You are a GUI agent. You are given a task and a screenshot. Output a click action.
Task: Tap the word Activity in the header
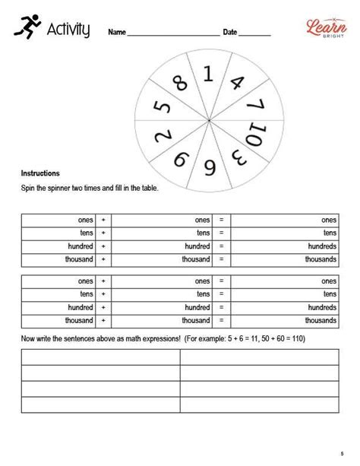pos(68,30)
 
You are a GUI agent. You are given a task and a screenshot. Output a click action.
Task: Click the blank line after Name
pos(172,34)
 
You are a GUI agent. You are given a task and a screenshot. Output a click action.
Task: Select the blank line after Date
pos(255,34)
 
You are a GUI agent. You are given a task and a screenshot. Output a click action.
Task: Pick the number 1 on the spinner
pos(208,74)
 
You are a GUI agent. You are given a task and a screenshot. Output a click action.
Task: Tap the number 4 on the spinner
pos(235,82)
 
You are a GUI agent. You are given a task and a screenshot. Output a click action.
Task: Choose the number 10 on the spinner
pos(257,135)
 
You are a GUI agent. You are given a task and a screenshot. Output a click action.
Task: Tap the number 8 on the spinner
pos(180,83)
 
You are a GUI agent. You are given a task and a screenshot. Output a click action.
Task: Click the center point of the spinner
pos(208,121)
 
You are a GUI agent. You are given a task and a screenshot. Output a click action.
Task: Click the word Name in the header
pos(117,33)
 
